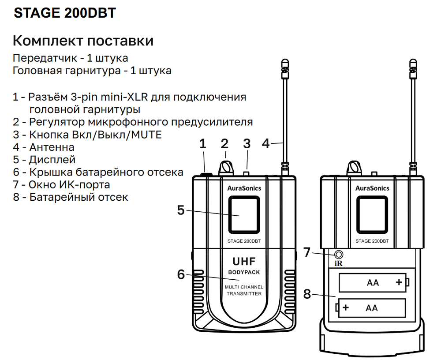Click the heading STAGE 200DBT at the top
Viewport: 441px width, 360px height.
pyautogui.click(x=65, y=13)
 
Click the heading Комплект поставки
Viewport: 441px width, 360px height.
pyautogui.click(x=83, y=41)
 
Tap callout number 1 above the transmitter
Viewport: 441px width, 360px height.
pyautogui.click(x=203, y=144)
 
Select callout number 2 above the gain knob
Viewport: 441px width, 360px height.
pyautogui.click(x=224, y=144)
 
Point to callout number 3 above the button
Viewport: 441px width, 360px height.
pyautogui.click(x=247, y=144)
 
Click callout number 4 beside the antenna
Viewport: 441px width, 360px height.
pyautogui.click(x=266, y=143)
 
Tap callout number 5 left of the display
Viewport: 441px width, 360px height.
pyautogui.click(x=181, y=210)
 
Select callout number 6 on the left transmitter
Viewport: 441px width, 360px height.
pyautogui.click(x=181, y=274)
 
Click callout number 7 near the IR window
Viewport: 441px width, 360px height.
pyautogui.click(x=307, y=252)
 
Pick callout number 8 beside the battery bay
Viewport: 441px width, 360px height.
pyautogui.click(x=307, y=294)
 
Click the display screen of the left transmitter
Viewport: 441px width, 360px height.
pyautogui.click(x=244, y=215)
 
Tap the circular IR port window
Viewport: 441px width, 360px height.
pyautogui.click(x=339, y=255)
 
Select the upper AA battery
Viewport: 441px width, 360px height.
pyautogui.click(x=374, y=282)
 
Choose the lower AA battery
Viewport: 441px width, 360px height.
pyautogui.click(x=371, y=307)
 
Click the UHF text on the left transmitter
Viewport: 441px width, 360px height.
pyautogui.click(x=244, y=262)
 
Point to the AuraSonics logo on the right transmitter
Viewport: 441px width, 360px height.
pyautogui.click(x=372, y=188)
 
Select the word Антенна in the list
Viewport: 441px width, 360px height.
pyautogui.click(x=52, y=147)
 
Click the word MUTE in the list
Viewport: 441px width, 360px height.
pyautogui.click(x=146, y=135)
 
